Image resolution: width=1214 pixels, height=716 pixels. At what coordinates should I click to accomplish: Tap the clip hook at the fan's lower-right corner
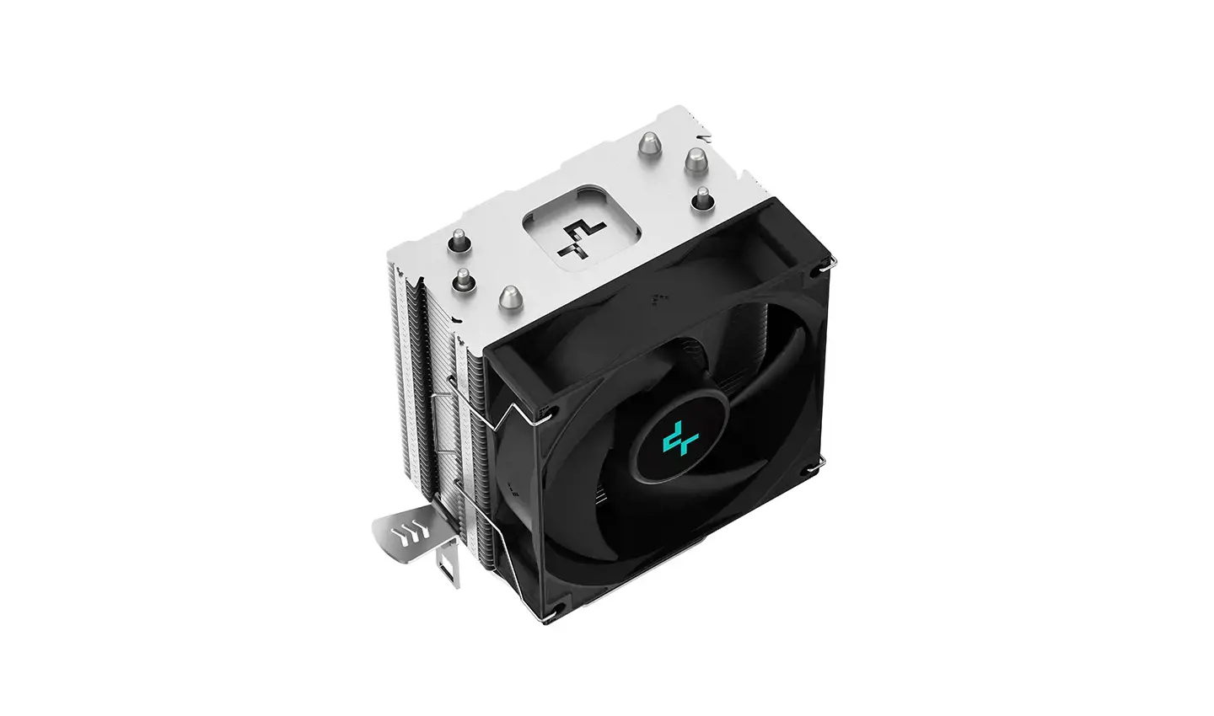click(x=818, y=464)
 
